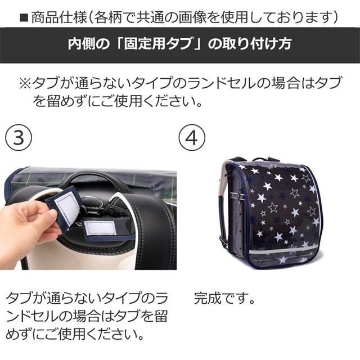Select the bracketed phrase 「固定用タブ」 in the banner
pyautogui.click(x=141, y=44)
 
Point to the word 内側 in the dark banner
pyautogui.click(x=81, y=44)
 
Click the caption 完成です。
pyautogui.click(x=225, y=298)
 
